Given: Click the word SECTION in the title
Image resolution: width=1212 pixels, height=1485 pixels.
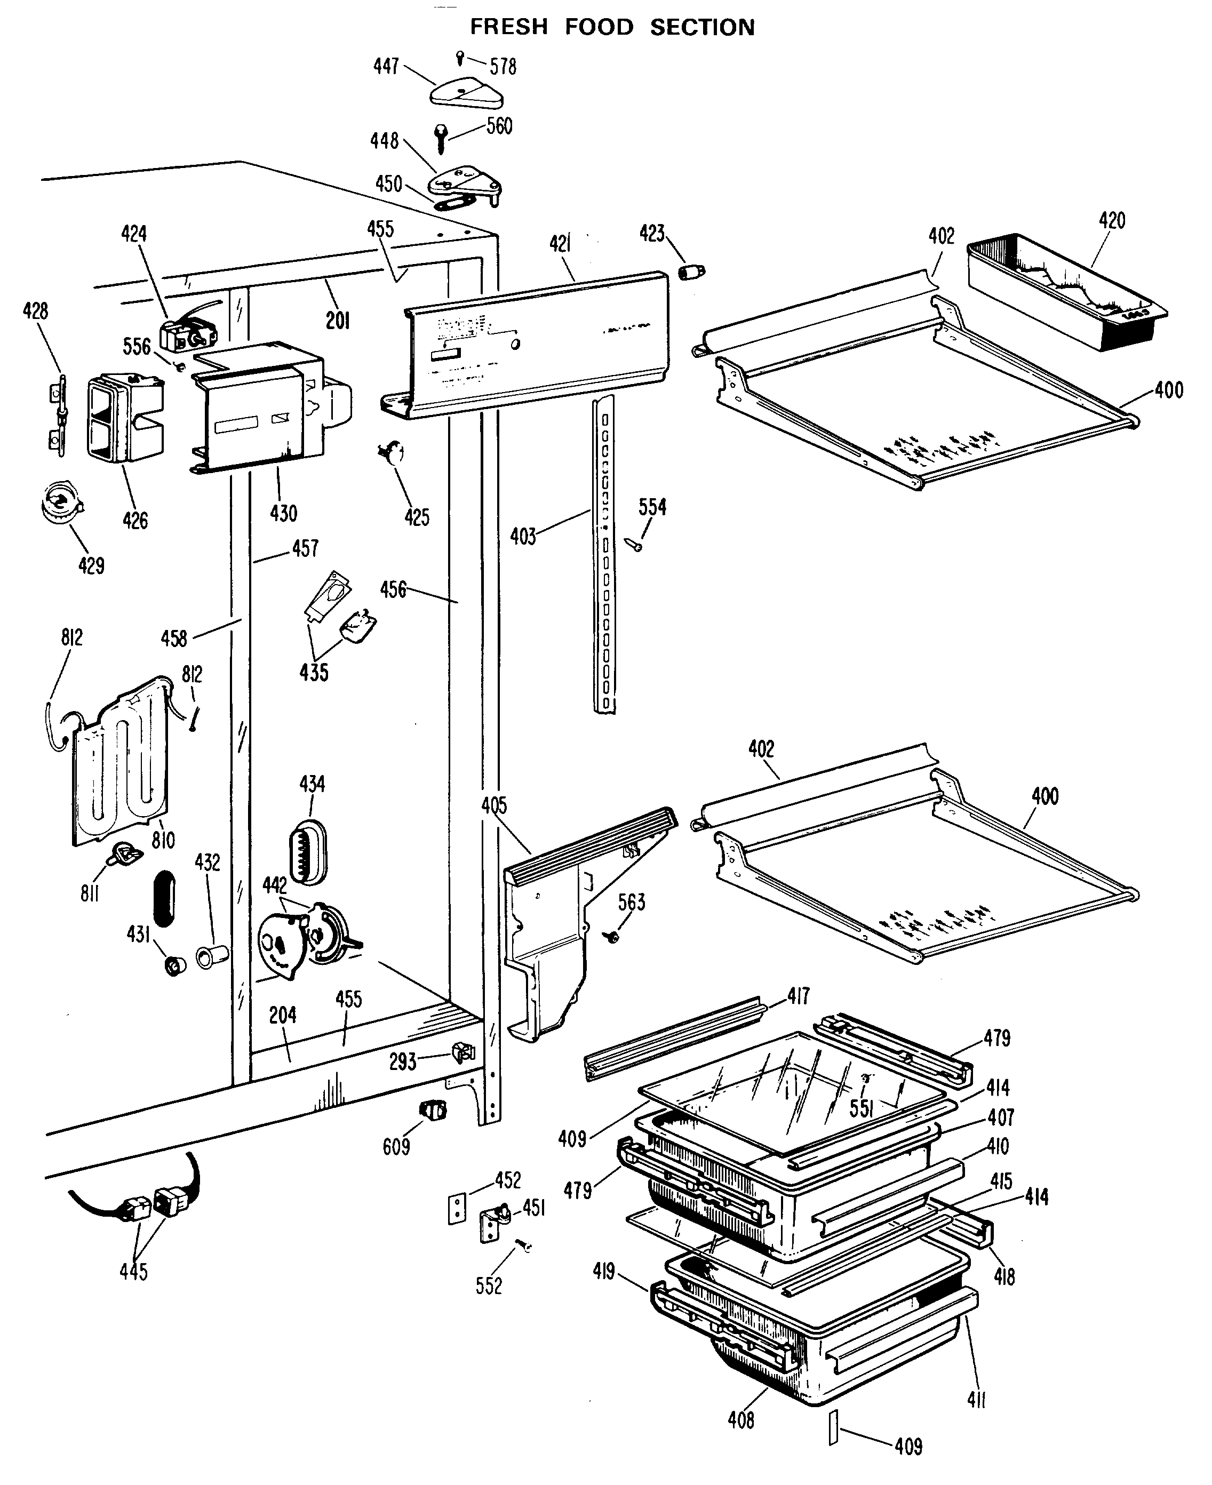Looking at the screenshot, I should coord(703,27).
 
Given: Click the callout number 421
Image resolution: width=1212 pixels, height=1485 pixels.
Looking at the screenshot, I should coord(560,244).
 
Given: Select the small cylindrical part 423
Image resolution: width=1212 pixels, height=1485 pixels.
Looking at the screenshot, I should coord(691,271).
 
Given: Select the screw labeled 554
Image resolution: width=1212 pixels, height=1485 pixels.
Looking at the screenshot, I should coord(635,545).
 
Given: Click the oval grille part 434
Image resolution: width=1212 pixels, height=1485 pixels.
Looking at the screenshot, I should coord(308,850).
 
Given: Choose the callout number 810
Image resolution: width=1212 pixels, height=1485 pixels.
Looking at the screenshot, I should coord(163,839).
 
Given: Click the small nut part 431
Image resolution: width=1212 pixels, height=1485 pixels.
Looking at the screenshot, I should coord(174,966).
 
